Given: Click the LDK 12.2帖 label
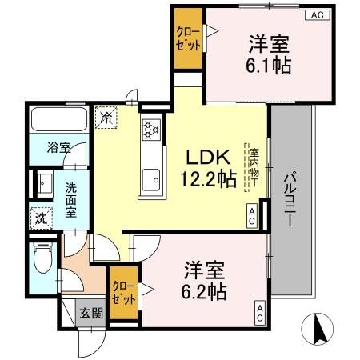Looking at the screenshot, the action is point(209,168).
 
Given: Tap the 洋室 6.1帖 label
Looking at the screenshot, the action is point(268,54).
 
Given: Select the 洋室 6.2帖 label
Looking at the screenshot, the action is point(204,281).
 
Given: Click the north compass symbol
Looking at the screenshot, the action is point(318,329).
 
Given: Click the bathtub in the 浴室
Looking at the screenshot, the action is point(59,119).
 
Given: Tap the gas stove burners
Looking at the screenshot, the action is point(151,130).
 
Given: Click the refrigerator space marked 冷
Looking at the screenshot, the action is point(106,118).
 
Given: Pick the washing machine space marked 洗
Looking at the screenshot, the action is point(42,218).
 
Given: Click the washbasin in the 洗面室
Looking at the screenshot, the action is point(45,184).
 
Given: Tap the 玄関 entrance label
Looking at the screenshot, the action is point(91,313).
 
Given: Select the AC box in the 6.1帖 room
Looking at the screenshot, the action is point(318,15).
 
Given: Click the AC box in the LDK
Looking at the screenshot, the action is point(252,216).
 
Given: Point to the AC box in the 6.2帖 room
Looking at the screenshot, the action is point(260,313).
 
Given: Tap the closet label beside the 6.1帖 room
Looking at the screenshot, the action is point(189,39).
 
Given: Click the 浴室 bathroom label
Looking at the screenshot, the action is point(58,147).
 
